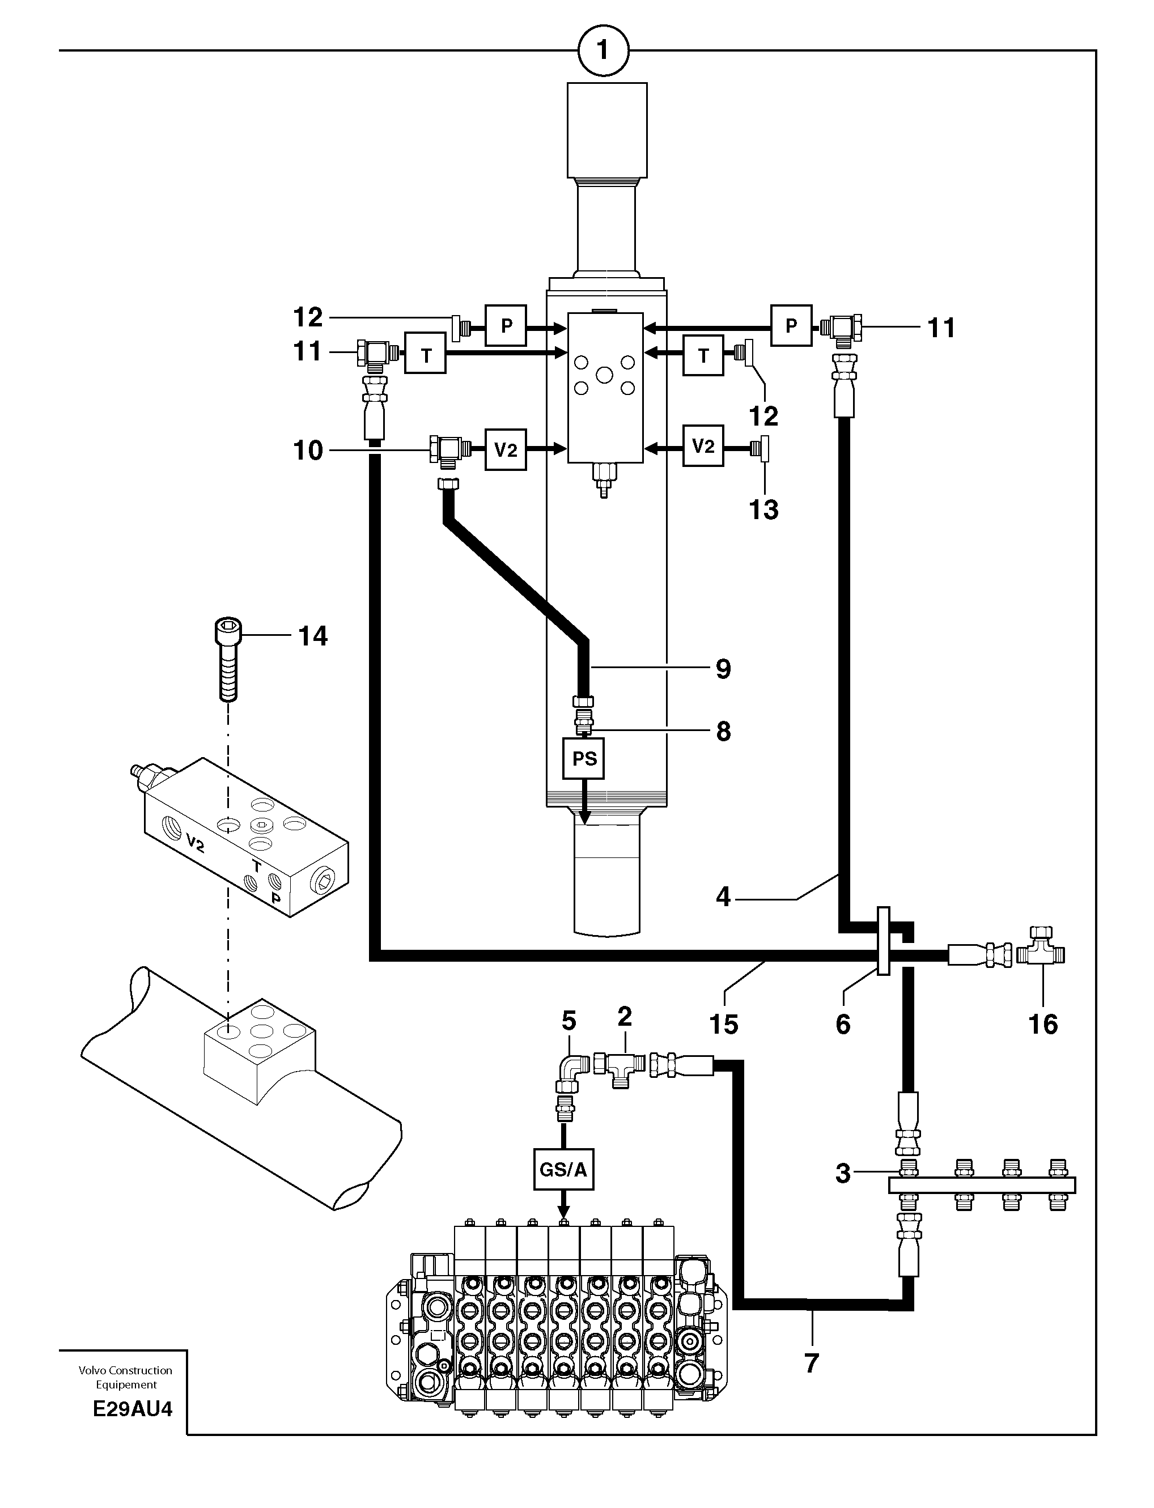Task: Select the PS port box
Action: pyautogui.click(x=584, y=759)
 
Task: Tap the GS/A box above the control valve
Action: pyautogui.click(x=563, y=1170)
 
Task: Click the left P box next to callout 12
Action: pyautogui.click(x=506, y=325)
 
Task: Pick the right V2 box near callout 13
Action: pyautogui.click(x=703, y=447)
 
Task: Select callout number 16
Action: pyautogui.click(x=1043, y=1024)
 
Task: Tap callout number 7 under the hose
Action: pyautogui.click(x=811, y=1363)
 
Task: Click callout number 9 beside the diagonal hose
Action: pyautogui.click(x=723, y=669)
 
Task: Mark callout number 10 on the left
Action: pyautogui.click(x=308, y=451)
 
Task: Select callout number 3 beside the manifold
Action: pyautogui.click(x=843, y=1174)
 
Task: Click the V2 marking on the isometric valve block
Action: pyautogui.click(x=196, y=843)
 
